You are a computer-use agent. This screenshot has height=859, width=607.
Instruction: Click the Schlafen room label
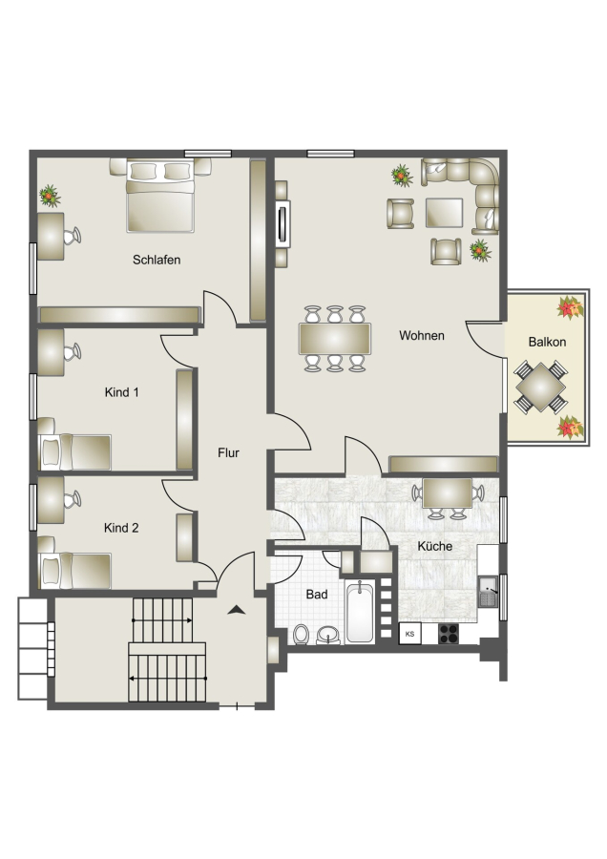[157, 260]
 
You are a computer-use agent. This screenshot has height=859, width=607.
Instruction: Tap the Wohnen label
[421, 335]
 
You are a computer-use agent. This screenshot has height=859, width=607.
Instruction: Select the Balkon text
[547, 342]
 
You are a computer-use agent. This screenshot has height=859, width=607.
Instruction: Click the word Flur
[228, 452]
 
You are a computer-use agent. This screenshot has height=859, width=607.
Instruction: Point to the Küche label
[434, 546]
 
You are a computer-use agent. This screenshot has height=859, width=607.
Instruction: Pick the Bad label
[317, 594]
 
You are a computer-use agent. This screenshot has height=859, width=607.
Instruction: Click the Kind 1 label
[121, 392]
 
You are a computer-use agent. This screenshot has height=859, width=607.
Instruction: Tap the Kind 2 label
[121, 528]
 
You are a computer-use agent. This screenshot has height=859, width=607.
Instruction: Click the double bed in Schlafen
[160, 196]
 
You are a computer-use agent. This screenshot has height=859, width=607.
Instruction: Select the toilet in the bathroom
[301, 635]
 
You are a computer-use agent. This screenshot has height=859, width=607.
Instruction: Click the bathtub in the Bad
[360, 612]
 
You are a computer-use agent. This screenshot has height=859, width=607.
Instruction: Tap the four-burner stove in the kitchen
[449, 634]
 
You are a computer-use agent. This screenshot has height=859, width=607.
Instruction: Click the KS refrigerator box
[409, 634]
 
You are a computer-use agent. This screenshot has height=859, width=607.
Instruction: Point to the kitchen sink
[488, 592]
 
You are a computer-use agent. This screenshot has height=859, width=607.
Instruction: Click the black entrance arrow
[236, 609]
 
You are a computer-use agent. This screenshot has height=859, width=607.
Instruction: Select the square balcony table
[540, 387]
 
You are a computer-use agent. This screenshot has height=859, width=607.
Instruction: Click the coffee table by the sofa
[445, 213]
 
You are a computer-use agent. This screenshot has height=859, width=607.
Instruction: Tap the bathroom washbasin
[328, 635]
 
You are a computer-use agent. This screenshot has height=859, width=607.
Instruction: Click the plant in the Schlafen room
[50, 196]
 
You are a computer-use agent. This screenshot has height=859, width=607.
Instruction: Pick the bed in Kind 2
[74, 567]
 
